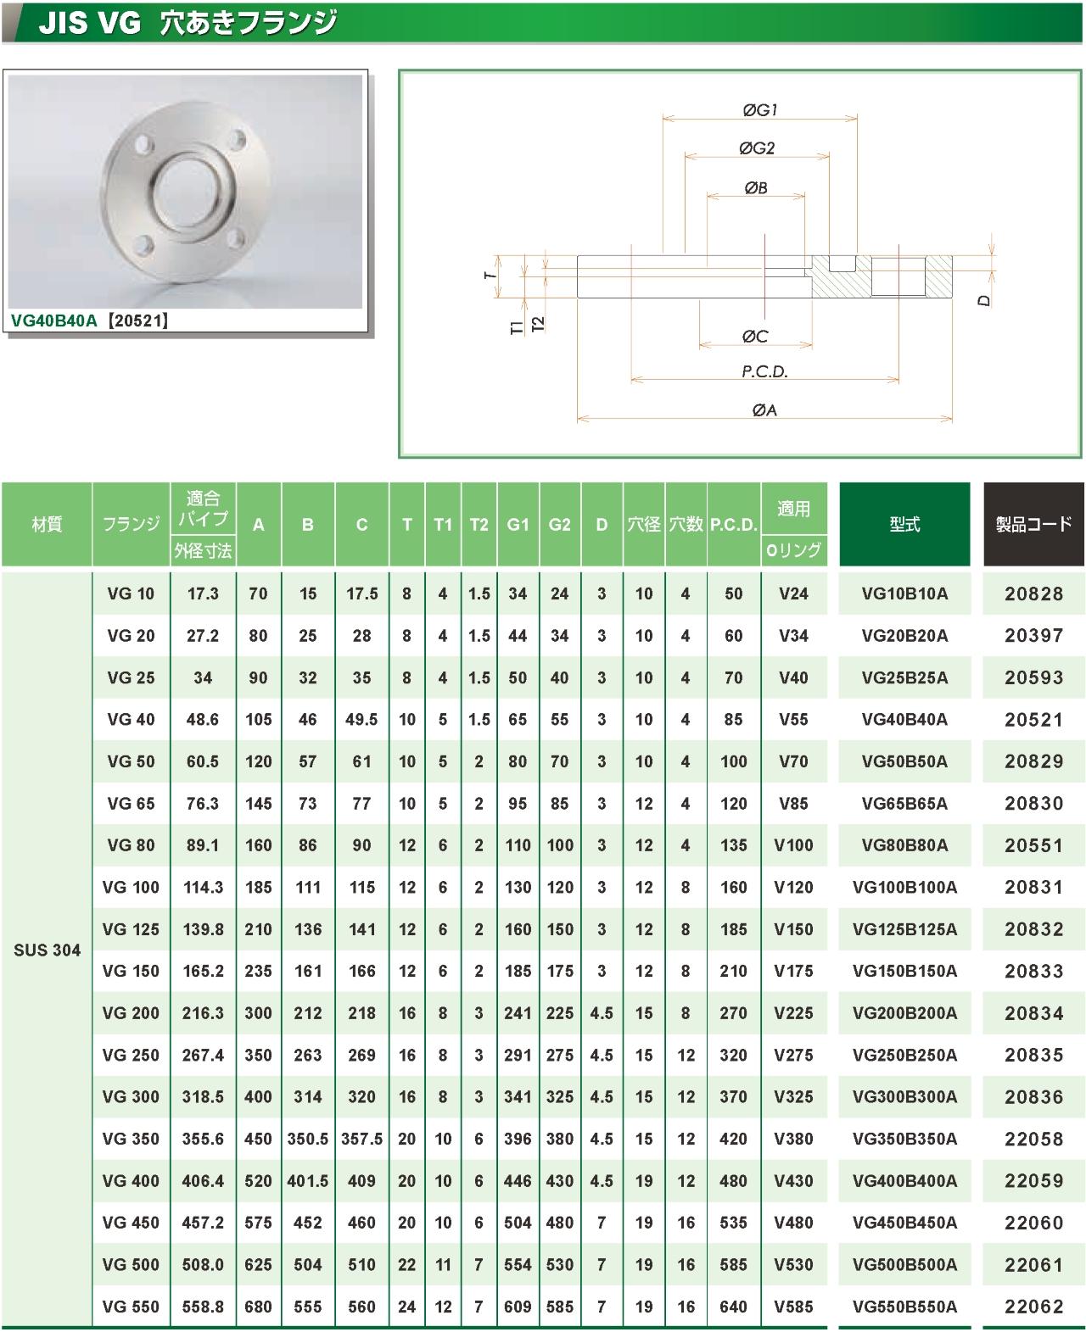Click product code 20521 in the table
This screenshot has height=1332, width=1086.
click(x=1033, y=720)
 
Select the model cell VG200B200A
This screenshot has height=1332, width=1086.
click(x=904, y=1013)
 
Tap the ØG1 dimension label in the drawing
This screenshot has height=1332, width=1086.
click(x=759, y=109)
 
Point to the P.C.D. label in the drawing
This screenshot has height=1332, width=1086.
click(x=764, y=371)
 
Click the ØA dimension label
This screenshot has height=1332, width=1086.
click(x=764, y=410)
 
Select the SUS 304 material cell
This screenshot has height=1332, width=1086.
click(x=47, y=950)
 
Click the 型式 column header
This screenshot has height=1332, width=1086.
click(x=904, y=525)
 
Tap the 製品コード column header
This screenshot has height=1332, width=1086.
click(x=1033, y=525)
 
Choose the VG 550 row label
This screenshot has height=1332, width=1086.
click(x=131, y=1307)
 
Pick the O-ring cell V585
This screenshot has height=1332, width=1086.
click(x=793, y=1307)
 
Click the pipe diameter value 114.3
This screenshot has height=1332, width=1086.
click(x=203, y=888)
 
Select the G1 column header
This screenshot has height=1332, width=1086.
click(x=518, y=525)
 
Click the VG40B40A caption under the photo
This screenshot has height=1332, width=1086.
click(x=55, y=320)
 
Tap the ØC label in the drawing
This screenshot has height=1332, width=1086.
click(x=754, y=337)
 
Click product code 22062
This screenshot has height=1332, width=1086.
click(x=1033, y=1307)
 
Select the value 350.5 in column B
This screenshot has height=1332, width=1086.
click(x=308, y=1139)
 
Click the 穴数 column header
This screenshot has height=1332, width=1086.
click(x=686, y=525)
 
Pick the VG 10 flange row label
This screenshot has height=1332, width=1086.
click(x=131, y=594)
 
